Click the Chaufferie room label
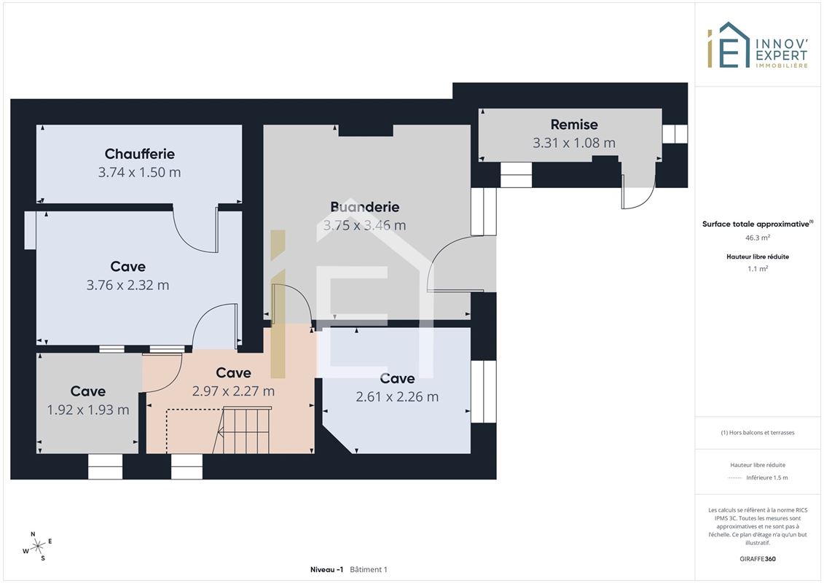pyautogui.click(x=139, y=154)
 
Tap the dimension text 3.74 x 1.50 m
pyautogui.click(x=139, y=173)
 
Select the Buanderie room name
pyautogui.click(x=365, y=207)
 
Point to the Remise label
pyautogui.click(x=574, y=125)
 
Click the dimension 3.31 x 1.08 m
pyautogui.click(x=574, y=143)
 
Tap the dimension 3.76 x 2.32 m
pyautogui.click(x=127, y=286)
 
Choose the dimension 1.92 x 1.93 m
pyautogui.click(x=87, y=410)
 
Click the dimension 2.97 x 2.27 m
pyautogui.click(x=233, y=391)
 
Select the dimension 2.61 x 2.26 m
pyautogui.click(x=397, y=397)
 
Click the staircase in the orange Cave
pyautogui.click(x=243, y=429)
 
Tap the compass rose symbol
pyautogui.click(x=38, y=547)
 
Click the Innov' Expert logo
pyautogui.click(x=757, y=45)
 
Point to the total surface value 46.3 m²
pyautogui.click(x=757, y=238)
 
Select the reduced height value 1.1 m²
pyautogui.click(x=757, y=269)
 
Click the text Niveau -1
pyautogui.click(x=326, y=569)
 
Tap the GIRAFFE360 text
pyautogui.click(x=757, y=559)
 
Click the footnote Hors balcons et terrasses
pyautogui.click(x=757, y=433)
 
